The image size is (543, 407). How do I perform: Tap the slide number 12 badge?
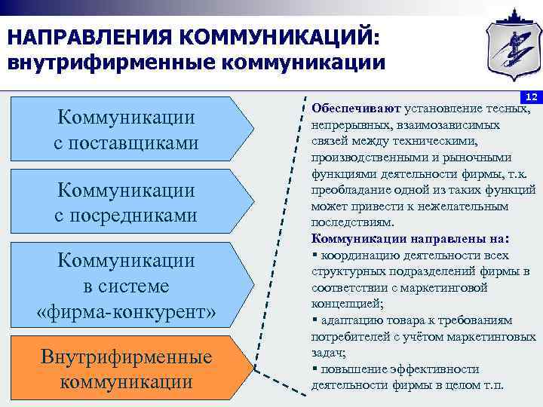click(x=530, y=98)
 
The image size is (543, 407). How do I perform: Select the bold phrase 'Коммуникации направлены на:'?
click(x=410, y=239)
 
